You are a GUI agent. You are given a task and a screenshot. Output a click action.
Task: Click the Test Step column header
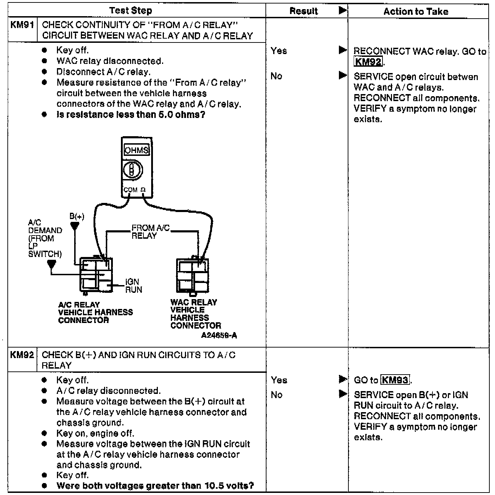coord(130,11)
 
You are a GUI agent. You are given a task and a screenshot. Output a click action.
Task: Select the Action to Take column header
coord(416,12)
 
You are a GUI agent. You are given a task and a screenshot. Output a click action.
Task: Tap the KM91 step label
coord(22,25)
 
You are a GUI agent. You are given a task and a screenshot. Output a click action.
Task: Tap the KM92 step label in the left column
coord(22,355)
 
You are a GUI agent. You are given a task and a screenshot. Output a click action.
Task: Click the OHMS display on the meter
coord(136,150)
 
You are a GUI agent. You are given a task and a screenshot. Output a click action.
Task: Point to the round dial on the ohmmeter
coord(132,170)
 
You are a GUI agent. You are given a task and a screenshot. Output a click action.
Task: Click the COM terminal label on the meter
coord(130,190)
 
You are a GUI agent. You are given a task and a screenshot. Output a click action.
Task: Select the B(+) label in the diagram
coord(77,216)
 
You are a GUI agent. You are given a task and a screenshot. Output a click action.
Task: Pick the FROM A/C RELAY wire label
coord(150,232)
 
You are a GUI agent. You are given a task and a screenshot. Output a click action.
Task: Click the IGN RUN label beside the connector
coord(134,286)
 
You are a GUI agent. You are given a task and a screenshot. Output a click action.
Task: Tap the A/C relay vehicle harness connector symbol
coord(96,275)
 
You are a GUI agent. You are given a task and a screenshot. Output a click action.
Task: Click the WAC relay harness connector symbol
coord(192,276)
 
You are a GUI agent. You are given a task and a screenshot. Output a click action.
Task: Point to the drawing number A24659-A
coord(219,336)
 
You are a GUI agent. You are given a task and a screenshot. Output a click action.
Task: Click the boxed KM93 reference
coord(395,380)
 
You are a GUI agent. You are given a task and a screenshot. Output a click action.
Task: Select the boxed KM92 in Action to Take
coord(368,62)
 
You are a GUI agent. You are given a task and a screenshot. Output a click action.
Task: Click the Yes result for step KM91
coord(279,51)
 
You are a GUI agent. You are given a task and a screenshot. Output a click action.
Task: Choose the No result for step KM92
coord(277,395)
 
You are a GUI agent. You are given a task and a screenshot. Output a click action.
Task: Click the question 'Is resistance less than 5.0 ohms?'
coord(131,115)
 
